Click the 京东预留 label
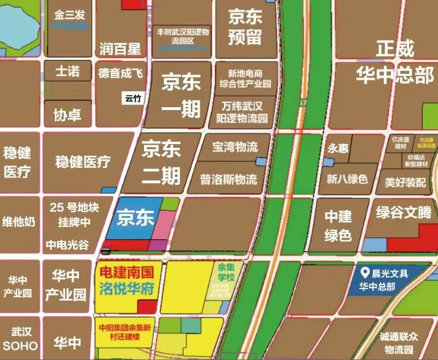coord(245,27)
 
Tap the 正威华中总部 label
coord(395,62)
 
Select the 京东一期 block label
coord(181,95)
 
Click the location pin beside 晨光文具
coord(366,273)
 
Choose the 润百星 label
coord(120,49)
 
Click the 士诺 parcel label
coord(67,71)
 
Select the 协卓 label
coord(67,115)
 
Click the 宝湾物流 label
coord(234,147)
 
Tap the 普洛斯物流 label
coord(229,180)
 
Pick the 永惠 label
coord(338,149)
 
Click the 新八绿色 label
coord(347,179)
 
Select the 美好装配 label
coord(405,183)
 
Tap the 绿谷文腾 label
coord(403,213)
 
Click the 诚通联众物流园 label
coord(401,342)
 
